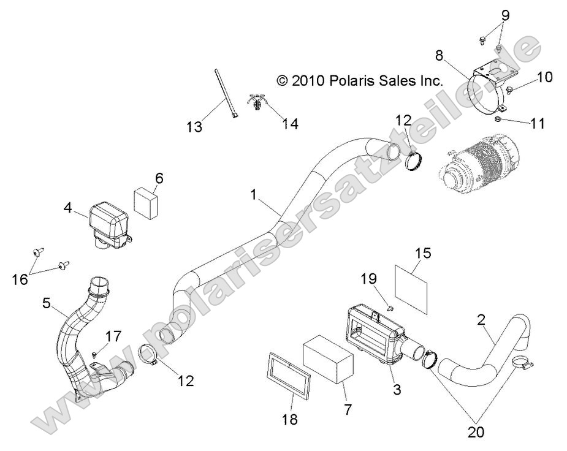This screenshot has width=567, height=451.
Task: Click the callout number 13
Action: pyautogui.click(x=194, y=127)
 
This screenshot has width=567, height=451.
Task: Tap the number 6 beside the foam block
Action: pyautogui.click(x=159, y=178)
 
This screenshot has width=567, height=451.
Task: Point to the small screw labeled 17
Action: pyautogui.click(x=93, y=354)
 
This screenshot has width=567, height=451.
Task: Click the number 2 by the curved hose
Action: pyautogui.click(x=482, y=319)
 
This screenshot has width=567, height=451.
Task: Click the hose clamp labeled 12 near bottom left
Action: pyautogui.click(x=156, y=356)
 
